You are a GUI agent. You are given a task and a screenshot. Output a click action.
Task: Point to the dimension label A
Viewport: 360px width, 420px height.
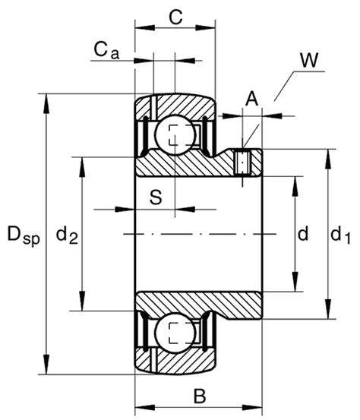coord(251,96)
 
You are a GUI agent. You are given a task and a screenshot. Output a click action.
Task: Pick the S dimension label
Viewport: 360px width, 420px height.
coord(155,197)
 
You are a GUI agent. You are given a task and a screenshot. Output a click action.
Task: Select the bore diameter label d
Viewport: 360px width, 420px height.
coord(302,235)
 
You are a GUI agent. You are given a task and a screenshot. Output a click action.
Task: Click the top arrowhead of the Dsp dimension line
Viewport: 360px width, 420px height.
coord(48,99)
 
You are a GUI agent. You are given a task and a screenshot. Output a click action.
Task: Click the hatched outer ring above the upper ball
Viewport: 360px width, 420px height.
coord(175,106)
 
